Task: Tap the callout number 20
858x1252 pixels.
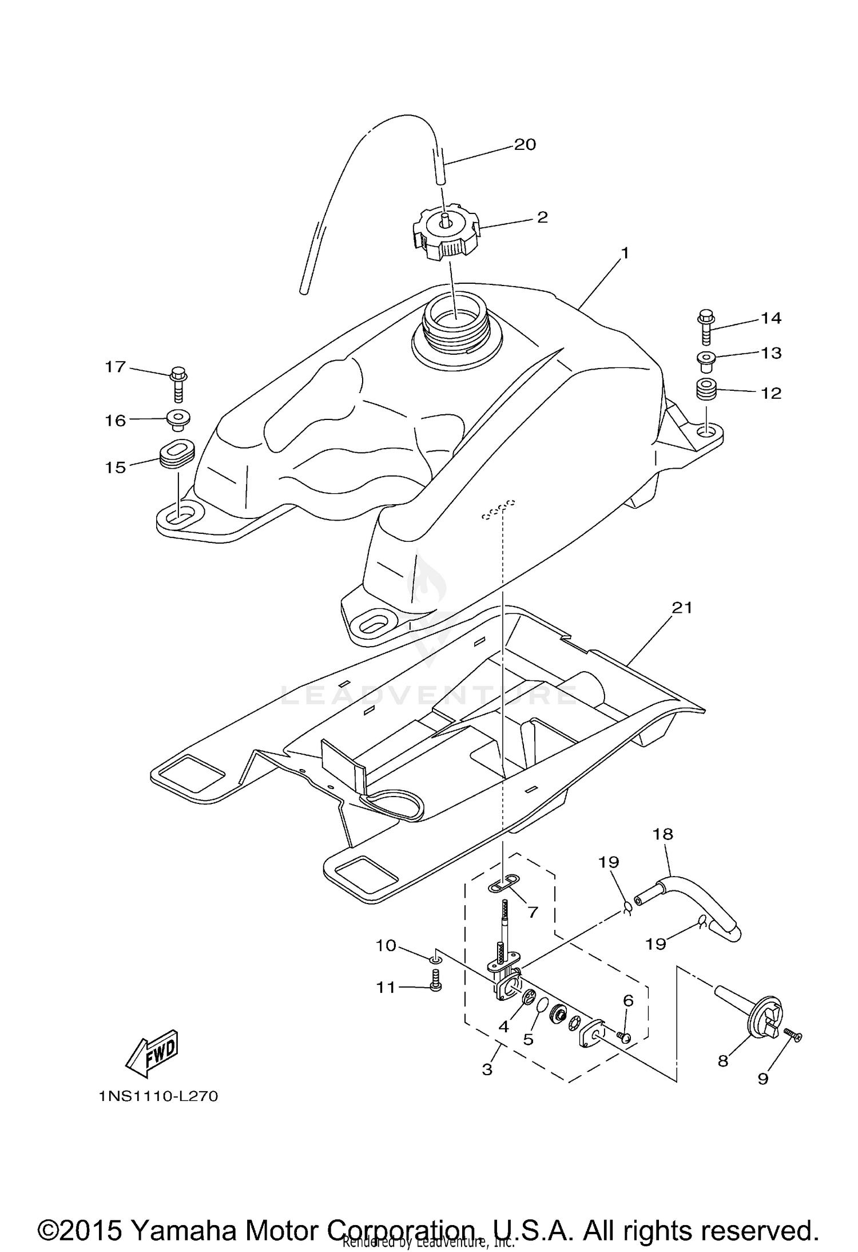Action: pos(525,144)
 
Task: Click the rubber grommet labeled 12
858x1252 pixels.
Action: pos(706,391)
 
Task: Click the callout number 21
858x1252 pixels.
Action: pos(682,607)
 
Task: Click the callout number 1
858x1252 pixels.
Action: pos(625,252)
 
